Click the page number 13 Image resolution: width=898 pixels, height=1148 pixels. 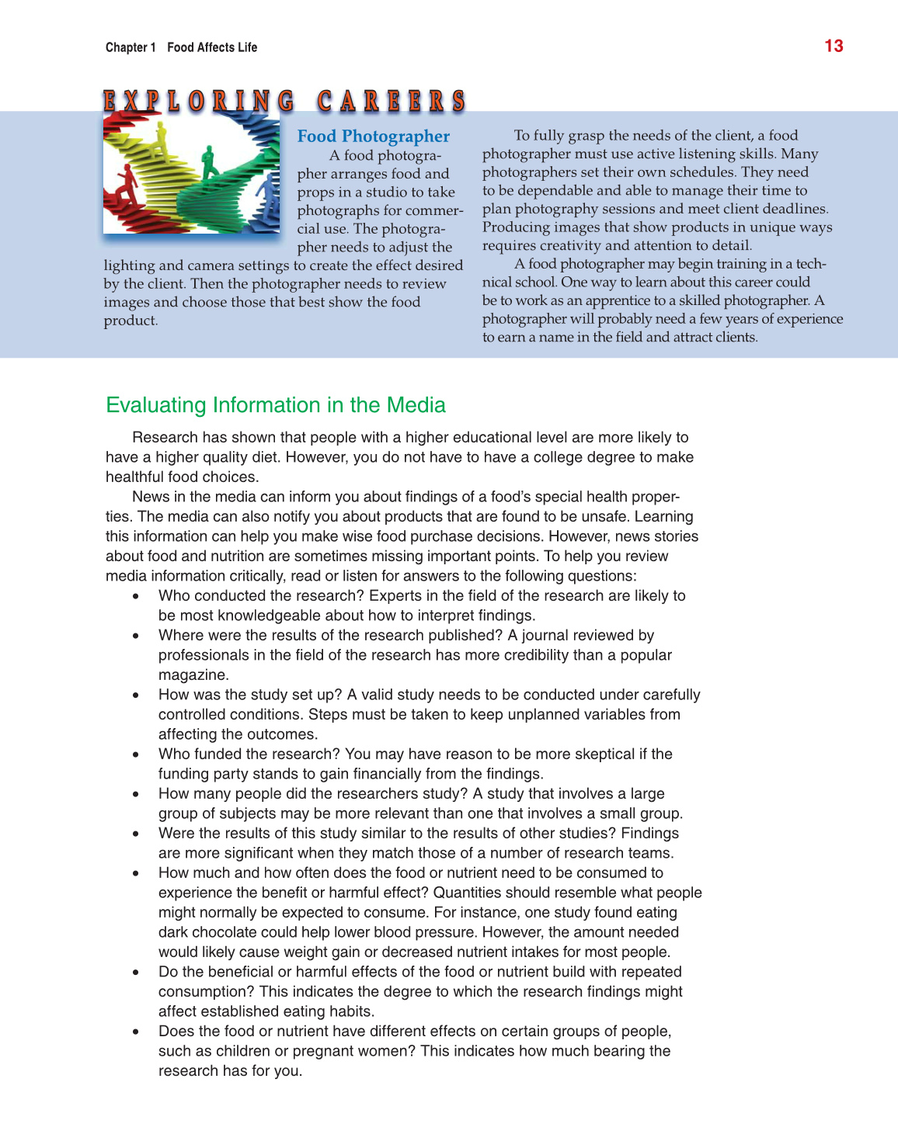pos(834,46)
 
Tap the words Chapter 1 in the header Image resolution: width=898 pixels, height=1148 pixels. pos(131,47)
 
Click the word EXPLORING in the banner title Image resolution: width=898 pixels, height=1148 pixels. pos(199,102)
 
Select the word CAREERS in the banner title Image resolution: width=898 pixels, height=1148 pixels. pos(391,102)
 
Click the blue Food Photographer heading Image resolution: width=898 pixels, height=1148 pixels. pos(373,137)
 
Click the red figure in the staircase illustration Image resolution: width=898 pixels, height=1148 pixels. pos(127,185)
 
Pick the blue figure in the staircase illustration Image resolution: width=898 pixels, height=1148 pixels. pos(269,194)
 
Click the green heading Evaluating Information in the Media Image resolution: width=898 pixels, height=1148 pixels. pos(276,405)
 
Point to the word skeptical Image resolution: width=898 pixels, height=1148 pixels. pos(596,754)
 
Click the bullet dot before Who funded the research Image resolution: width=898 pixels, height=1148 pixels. pos(136,754)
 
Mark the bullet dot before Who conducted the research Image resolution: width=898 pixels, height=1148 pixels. pos(136,596)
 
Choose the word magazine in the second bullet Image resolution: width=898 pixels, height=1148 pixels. pos(192,675)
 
